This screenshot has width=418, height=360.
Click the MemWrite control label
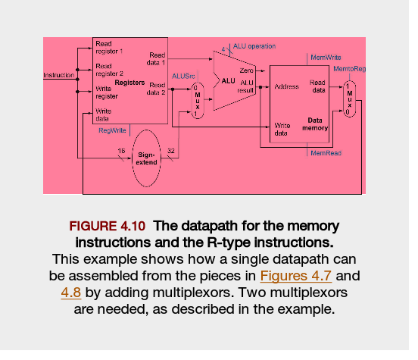point(326,57)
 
